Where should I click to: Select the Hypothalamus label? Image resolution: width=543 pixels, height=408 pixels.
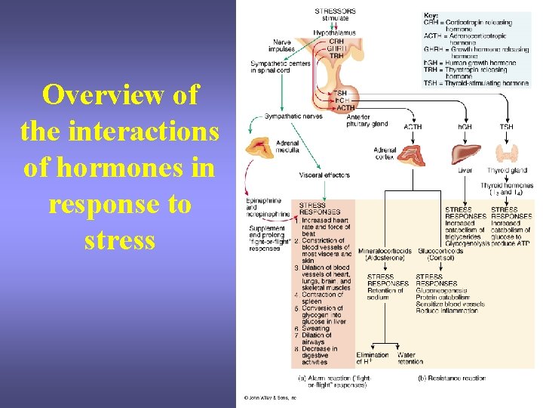335,32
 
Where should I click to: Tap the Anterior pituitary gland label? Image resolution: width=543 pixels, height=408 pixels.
367,121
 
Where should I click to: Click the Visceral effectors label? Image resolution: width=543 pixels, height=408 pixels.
324,175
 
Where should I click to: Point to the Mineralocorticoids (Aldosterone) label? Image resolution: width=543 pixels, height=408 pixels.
385,254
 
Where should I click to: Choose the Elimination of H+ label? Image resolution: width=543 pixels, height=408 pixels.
373,358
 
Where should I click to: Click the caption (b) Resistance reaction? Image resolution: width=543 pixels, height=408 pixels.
452,378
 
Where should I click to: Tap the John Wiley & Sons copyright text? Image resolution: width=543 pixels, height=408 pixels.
268,397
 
